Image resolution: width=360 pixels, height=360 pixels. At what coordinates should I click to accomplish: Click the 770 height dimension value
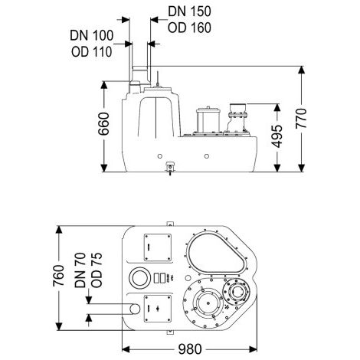301,118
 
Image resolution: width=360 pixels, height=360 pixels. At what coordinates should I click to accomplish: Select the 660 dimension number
104,124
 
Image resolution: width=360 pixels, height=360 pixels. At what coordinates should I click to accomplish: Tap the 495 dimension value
277,136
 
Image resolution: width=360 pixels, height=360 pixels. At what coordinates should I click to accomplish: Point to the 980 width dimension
190,349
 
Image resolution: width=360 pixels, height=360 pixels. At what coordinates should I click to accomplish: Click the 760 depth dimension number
59,276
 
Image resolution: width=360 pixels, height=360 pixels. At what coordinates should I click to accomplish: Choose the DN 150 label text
189,11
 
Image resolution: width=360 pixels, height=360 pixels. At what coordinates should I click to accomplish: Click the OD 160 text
189,28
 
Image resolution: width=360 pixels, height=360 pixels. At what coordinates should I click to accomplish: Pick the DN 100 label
92,35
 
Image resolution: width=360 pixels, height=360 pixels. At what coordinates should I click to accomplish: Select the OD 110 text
92,52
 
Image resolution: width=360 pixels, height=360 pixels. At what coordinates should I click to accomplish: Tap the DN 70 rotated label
80,270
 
